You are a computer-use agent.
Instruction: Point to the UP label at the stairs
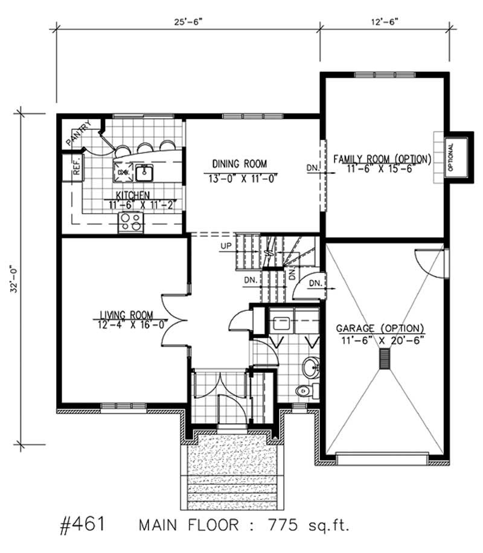pos(226,246)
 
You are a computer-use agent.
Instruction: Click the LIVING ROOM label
pos(126,314)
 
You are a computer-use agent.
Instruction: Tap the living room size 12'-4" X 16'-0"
pos(126,324)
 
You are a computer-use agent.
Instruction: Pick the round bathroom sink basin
pos(311,366)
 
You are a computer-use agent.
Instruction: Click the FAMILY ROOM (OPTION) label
pos(382,159)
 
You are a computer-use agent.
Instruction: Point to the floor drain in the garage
pos(382,359)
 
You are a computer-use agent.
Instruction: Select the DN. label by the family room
pos(312,167)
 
